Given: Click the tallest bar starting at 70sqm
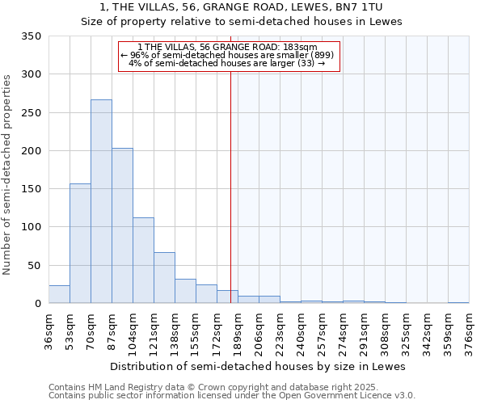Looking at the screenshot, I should (101, 201).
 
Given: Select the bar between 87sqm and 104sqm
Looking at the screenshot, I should (122, 225).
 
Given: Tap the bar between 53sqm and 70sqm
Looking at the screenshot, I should (80, 243).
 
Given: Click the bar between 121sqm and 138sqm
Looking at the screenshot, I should (164, 278).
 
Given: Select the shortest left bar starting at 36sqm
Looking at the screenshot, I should (59, 294).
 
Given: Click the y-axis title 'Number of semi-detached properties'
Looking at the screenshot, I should (8, 175).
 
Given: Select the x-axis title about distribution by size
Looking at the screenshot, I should (257, 366).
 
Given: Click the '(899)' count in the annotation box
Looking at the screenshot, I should (321, 55).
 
